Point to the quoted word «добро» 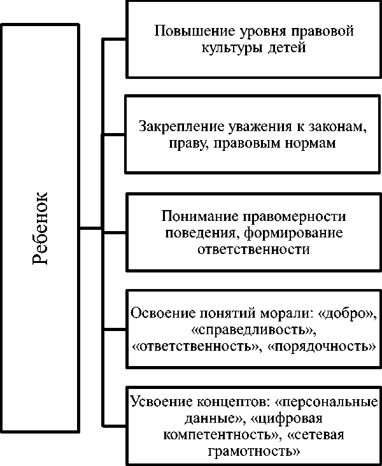click(346, 314)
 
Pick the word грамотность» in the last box click(253, 452)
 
